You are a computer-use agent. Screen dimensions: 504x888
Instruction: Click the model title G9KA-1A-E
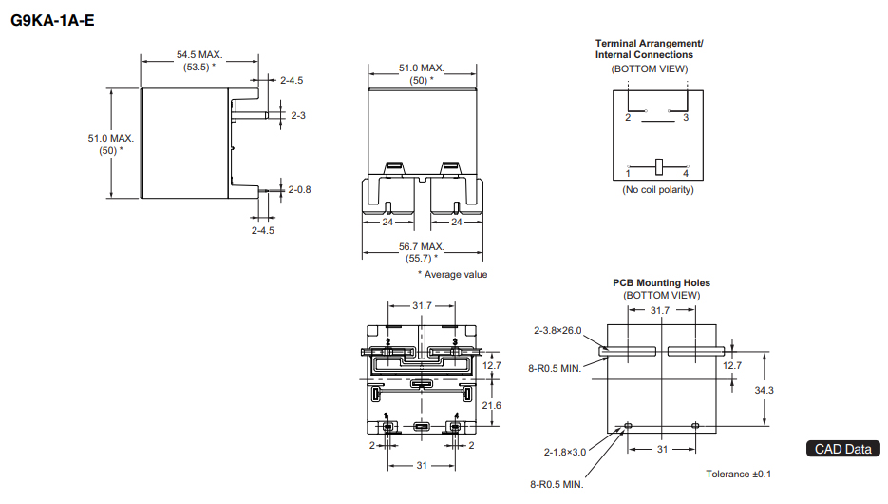[52, 19]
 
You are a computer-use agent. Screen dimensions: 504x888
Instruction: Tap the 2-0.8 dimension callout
[299, 189]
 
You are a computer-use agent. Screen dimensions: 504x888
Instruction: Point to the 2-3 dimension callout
[297, 115]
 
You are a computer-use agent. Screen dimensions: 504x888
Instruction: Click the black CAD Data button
[842, 449]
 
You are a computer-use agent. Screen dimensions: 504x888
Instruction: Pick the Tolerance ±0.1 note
[739, 474]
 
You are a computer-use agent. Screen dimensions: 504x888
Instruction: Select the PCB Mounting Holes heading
[661, 282]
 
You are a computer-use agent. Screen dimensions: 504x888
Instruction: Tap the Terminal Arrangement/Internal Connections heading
[649, 48]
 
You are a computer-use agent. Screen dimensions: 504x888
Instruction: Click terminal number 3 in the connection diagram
[686, 118]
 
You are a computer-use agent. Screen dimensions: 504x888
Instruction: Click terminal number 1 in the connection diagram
[628, 173]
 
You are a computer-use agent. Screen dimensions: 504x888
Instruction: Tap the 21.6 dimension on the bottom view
[492, 406]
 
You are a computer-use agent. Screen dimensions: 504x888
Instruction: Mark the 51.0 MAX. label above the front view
[421, 68]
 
